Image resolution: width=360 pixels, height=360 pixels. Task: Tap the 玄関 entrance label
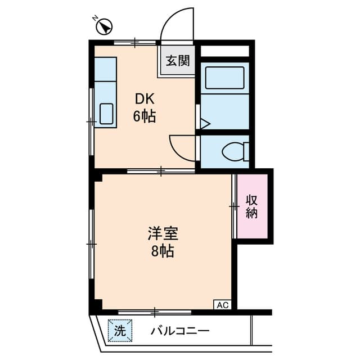coord(177,61)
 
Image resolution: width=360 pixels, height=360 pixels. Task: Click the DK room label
coord(145,100)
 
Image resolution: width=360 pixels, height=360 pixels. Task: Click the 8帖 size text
coord(163,251)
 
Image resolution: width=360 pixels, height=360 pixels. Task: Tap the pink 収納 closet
coord(252,206)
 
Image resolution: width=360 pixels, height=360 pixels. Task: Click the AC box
coord(222,305)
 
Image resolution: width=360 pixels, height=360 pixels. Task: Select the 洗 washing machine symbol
coord(120,331)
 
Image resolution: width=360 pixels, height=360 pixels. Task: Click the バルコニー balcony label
coord(179,331)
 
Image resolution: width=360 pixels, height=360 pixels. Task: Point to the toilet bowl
coord(234,151)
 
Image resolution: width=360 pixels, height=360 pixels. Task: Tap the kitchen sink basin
coord(106,114)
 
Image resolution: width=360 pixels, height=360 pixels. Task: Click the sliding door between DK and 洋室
coord(161,170)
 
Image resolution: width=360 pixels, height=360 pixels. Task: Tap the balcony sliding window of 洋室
coord(155,310)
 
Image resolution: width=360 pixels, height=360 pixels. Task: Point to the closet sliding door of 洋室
coord(234,206)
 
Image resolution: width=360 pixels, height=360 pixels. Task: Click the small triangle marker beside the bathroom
coord(204,123)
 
